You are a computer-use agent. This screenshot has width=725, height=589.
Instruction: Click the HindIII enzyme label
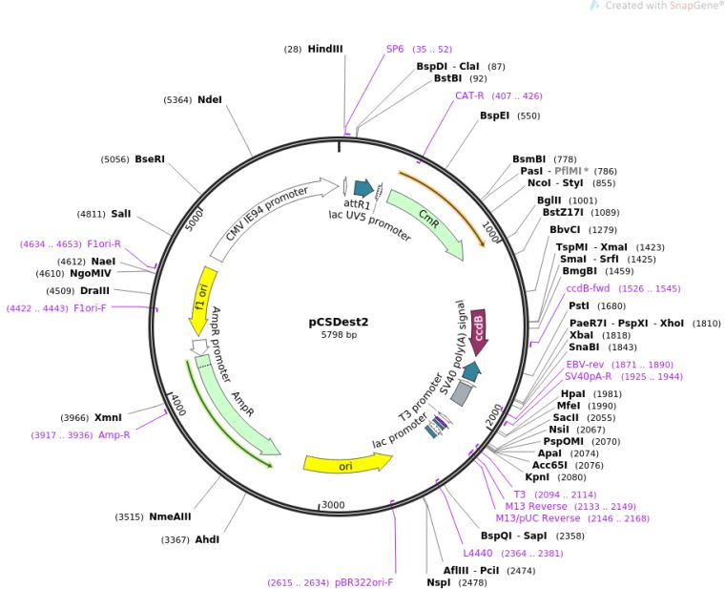(x=325, y=49)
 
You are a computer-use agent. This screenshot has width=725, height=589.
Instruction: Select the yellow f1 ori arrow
(x=203, y=300)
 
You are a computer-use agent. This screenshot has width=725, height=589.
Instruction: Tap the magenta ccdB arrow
(x=478, y=332)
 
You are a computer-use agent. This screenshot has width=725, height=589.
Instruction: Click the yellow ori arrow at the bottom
(x=347, y=464)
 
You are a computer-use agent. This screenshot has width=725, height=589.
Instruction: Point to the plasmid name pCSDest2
(x=339, y=322)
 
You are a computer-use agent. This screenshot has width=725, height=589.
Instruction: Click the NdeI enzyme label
(x=210, y=99)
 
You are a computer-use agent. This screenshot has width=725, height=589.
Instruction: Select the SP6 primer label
(x=395, y=49)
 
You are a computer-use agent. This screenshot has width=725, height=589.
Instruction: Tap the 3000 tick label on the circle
(x=333, y=504)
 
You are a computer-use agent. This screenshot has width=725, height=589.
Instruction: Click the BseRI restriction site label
(x=150, y=159)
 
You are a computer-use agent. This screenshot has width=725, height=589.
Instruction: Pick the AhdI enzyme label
(x=207, y=539)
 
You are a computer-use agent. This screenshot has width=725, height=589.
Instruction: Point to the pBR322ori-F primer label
(x=363, y=582)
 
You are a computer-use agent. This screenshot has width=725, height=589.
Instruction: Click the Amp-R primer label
(x=114, y=435)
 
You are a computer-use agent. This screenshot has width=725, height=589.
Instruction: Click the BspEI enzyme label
(x=494, y=116)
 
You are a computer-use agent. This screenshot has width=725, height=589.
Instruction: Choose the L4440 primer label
(x=478, y=553)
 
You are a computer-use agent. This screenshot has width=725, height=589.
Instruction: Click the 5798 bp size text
(x=339, y=334)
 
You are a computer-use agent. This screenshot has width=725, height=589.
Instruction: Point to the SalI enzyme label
(x=121, y=214)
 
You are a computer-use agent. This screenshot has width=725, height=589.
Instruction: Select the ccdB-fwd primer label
(x=588, y=288)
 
